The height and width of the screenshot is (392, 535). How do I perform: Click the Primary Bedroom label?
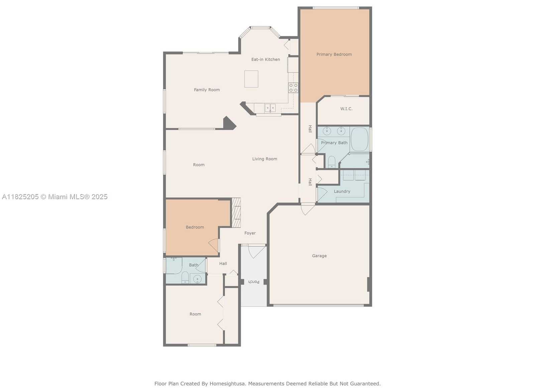click(x=334, y=54)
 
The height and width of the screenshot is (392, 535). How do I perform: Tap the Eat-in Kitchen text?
click(x=265, y=59)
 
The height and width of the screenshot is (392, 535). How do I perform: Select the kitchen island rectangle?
click(x=251, y=79)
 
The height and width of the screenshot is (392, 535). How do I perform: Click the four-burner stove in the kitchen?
click(x=293, y=88)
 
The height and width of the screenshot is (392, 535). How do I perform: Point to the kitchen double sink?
click(x=270, y=108)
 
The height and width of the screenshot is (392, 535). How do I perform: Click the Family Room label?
click(x=207, y=90)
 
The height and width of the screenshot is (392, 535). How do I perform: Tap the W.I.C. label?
click(x=346, y=109)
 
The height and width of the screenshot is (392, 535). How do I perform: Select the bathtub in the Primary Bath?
click(x=360, y=139)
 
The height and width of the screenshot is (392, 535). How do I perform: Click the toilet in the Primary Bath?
click(x=331, y=162)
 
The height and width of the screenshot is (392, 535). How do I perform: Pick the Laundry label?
click(x=342, y=191)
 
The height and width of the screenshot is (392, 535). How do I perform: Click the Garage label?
click(x=319, y=256)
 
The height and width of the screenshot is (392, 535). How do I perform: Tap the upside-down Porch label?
click(x=254, y=282)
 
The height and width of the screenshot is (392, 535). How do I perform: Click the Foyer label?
click(x=250, y=233)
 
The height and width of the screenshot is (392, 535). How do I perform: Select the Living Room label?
click(x=264, y=159)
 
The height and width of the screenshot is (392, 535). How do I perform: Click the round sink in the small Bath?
click(x=197, y=279)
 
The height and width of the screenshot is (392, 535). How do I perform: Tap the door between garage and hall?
click(x=308, y=209)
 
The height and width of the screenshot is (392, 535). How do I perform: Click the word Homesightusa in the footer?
click(x=227, y=384)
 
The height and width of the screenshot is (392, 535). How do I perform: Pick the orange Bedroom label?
click(x=195, y=227)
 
